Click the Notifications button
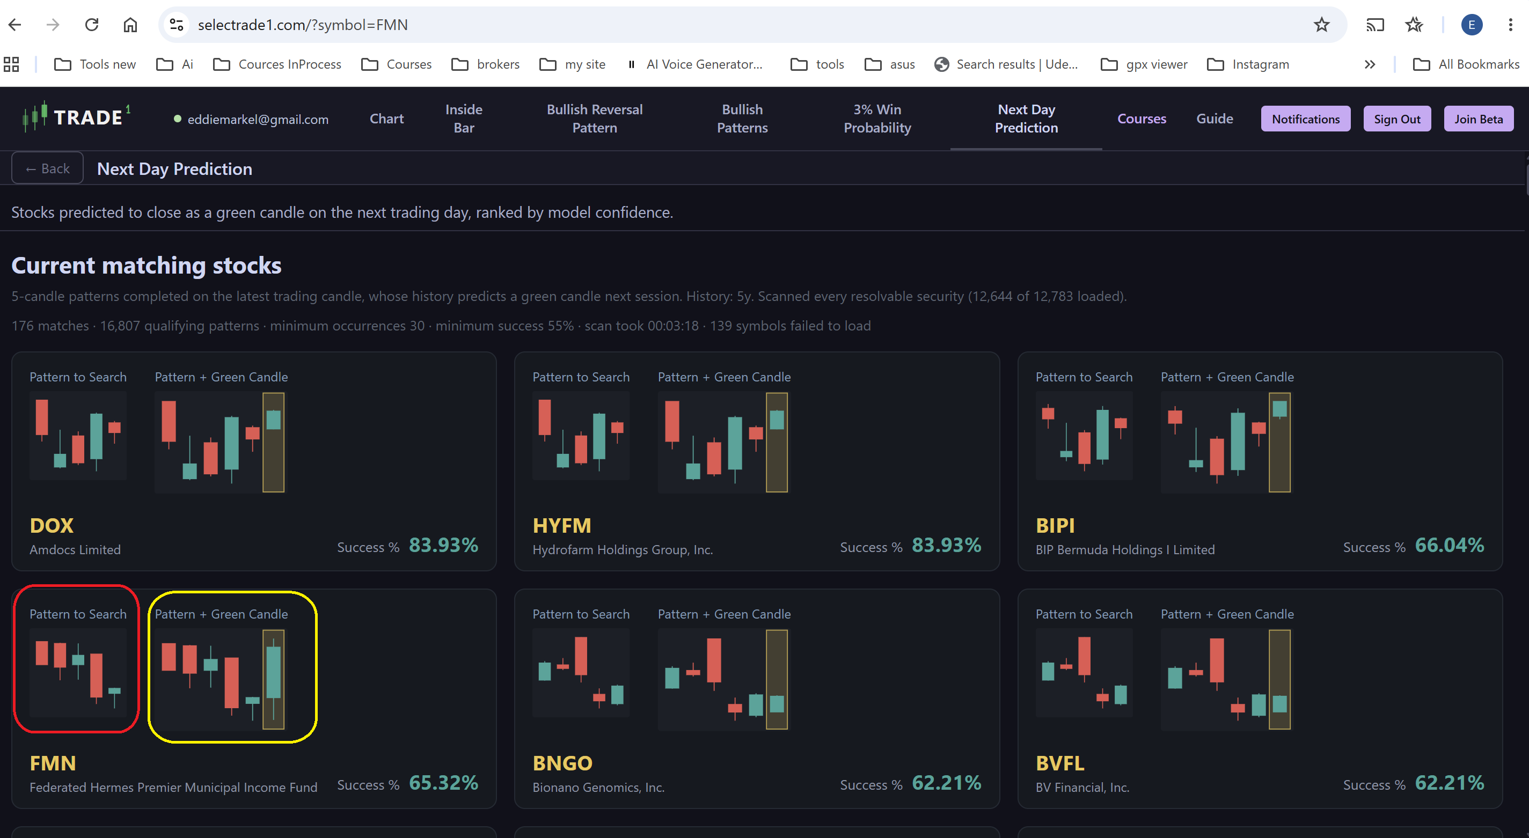[1305, 119]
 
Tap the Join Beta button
[1478, 119]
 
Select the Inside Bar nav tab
[464, 119]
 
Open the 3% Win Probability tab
[877, 119]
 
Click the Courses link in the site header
[1142, 119]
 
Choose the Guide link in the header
[1215, 119]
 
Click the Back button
[47, 168]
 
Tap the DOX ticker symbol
[52, 526]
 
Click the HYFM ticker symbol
[561, 526]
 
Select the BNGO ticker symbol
[562, 763]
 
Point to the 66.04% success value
[1450, 545]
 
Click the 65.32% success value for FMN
[443, 783]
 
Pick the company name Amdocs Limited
[75, 549]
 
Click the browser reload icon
[91, 24]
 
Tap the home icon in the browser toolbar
[130, 24]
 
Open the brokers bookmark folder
[486, 64]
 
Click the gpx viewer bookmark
[1144, 64]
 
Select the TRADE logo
[76, 117]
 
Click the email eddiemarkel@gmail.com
[258, 119]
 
